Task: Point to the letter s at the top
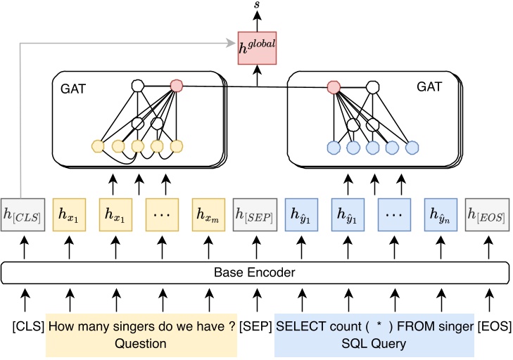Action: coord(256,8)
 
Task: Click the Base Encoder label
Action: coord(255,272)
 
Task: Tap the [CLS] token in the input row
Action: coord(27,327)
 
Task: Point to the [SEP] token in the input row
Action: coord(255,327)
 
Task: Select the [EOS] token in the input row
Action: coord(494,327)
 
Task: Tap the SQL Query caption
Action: coord(374,344)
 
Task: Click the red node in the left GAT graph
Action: coord(177,86)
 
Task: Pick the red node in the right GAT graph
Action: coord(334,87)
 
